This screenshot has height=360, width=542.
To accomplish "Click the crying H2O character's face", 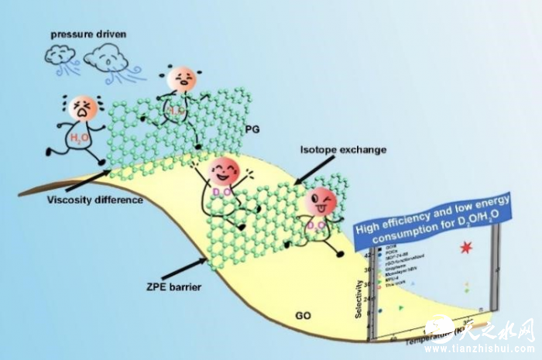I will coord(81,109).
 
